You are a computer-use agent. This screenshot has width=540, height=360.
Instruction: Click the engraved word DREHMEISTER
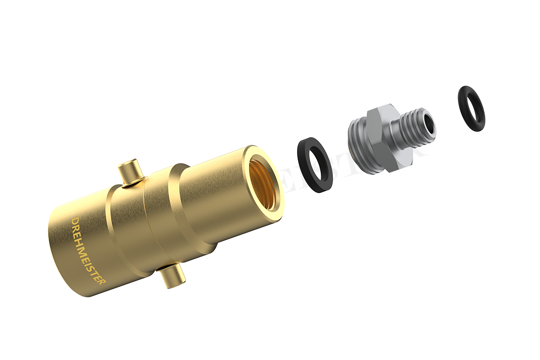[x=88, y=251]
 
